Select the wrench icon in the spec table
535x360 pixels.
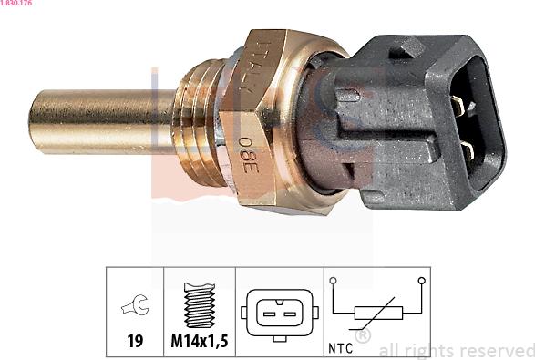click(135, 307)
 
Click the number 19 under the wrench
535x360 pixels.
click(135, 343)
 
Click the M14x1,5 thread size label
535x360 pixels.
click(200, 343)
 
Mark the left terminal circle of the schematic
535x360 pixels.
click(334, 281)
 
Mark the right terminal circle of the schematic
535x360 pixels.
click(421, 281)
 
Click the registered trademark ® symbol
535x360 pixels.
click(362, 336)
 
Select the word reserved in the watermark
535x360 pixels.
click(496, 350)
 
